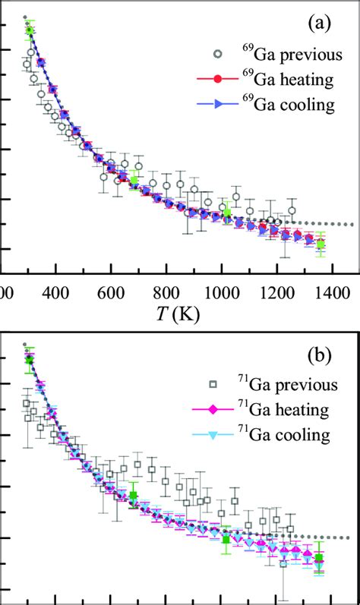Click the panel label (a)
click(x=318, y=25)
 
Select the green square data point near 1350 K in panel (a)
click(x=321, y=244)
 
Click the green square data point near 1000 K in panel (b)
click(x=226, y=539)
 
